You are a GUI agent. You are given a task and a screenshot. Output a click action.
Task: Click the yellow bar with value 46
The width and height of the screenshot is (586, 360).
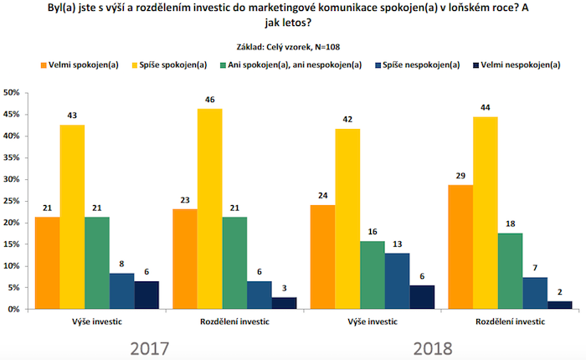click(209, 209)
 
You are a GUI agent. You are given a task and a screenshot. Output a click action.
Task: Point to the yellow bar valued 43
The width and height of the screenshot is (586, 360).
click(71, 217)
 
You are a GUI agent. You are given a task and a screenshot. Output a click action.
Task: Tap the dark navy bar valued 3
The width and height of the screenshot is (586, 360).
click(285, 303)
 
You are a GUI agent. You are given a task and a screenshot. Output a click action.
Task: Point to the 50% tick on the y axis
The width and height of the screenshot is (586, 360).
click(12, 92)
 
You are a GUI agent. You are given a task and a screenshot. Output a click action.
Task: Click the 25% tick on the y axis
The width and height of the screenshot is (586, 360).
click(12, 201)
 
